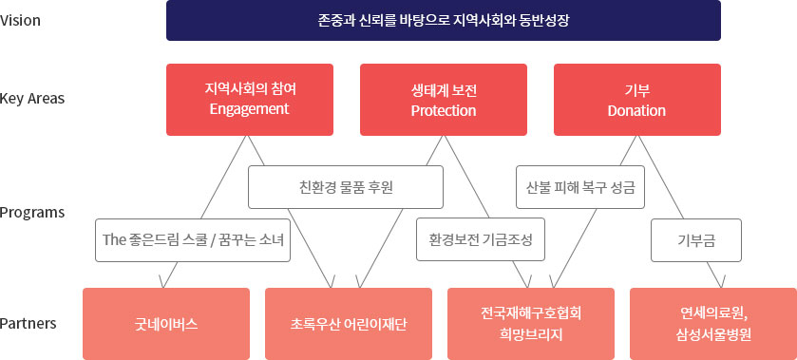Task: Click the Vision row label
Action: [x=20, y=21]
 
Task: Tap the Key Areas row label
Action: [x=32, y=99]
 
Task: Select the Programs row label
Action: [x=32, y=212]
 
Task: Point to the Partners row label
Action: [x=28, y=323]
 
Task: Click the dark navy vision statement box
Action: [x=444, y=20]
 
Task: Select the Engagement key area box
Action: [x=250, y=100]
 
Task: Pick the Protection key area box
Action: [x=444, y=100]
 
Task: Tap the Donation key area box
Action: [x=636, y=100]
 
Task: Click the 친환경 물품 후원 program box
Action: [x=346, y=187]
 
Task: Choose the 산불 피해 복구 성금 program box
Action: [x=580, y=187]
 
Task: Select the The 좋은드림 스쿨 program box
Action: [x=193, y=240]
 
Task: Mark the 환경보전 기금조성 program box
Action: [x=481, y=239]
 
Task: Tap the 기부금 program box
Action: [x=696, y=240]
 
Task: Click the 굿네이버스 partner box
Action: [x=166, y=324]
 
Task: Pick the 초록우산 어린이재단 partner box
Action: [x=349, y=324]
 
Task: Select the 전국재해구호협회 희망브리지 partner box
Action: [x=531, y=324]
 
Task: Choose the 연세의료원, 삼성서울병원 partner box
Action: [x=713, y=324]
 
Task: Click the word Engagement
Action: [x=250, y=109]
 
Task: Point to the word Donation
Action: [x=636, y=110]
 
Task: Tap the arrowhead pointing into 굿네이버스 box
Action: [x=162, y=282]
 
